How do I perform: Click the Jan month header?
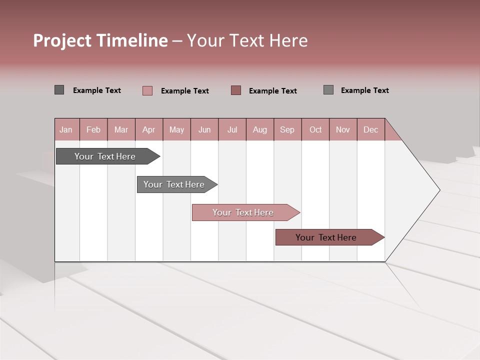click(x=66, y=129)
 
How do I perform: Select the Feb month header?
click(x=93, y=129)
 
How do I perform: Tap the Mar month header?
click(x=121, y=129)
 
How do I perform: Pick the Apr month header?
click(x=149, y=129)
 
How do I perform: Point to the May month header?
click(x=176, y=129)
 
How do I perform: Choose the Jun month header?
click(x=204, y=129)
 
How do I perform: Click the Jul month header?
click(x=232, y=129)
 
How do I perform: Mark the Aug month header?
click(x=260, y=129)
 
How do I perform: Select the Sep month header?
click(x=287, y=129)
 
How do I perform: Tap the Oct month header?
click(x=315, y=129)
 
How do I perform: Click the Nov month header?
click(x=343, y=129)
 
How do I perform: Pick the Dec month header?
click(x=371, y=129)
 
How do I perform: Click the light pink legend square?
click(x=147, y=90)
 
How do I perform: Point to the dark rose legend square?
click(x=236, y=90)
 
